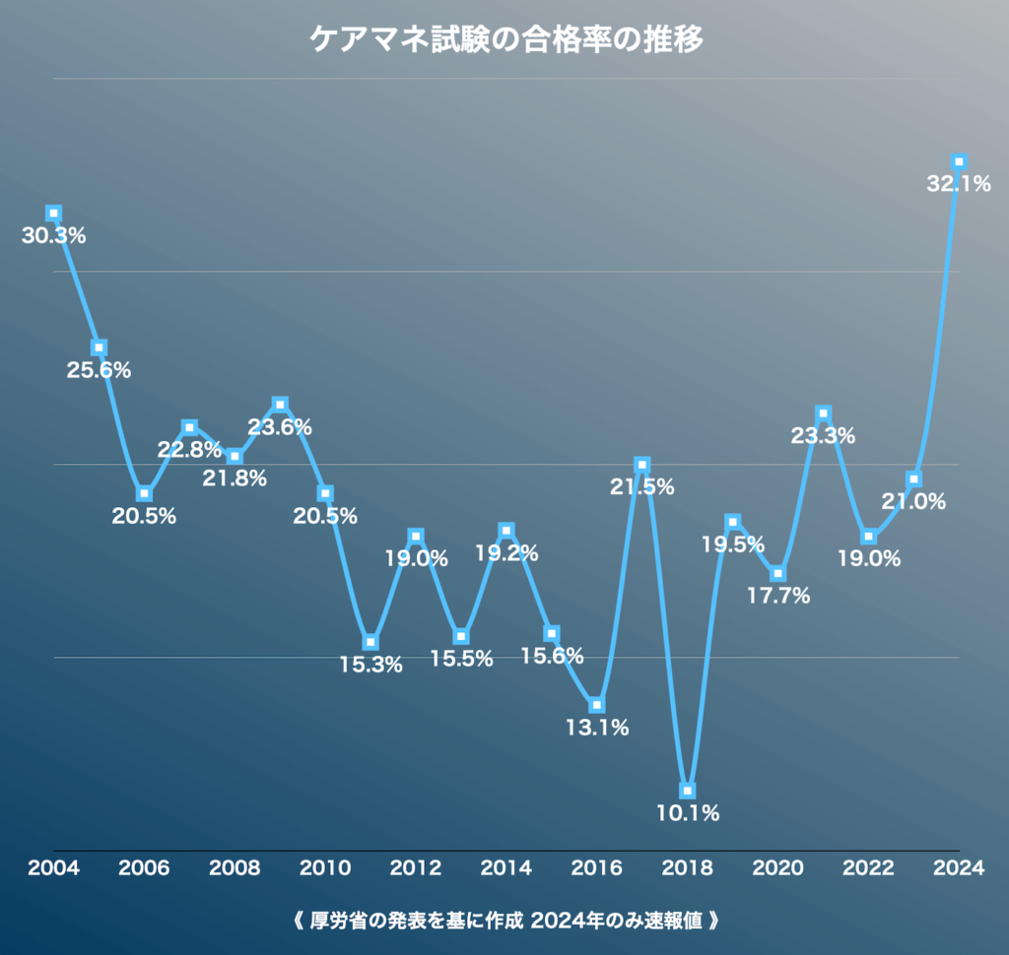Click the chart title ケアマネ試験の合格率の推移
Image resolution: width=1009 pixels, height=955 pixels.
[504, 39]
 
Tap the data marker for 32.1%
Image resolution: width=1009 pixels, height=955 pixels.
[959, 162]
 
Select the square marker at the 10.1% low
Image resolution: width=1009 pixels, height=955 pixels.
[688, 791]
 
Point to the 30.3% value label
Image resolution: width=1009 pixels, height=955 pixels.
[53, 236]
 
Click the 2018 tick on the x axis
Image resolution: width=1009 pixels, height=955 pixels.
[688, 868]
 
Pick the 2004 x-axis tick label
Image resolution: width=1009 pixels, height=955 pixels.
[53, 868]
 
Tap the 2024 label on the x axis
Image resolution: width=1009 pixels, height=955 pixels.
[959, 868]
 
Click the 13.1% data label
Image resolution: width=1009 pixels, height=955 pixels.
[597, 729]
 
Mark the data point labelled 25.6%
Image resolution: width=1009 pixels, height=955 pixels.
[100, 348]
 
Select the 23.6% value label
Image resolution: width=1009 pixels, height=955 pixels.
[280, 427]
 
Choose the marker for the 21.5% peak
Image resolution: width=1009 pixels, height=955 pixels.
[642, 465]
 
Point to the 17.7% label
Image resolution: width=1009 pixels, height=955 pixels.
[777, 596]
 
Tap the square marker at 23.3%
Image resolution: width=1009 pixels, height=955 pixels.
[823, 414]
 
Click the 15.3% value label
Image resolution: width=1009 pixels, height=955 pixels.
[370, 666]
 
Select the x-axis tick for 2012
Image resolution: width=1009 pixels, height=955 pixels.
[416, 868]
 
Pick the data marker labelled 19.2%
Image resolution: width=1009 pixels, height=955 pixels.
[506, 532]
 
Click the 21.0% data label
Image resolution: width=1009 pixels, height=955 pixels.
[913, 502]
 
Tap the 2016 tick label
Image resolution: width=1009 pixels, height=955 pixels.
[597, 868]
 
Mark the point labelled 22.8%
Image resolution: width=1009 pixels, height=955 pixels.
[189, 427]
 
